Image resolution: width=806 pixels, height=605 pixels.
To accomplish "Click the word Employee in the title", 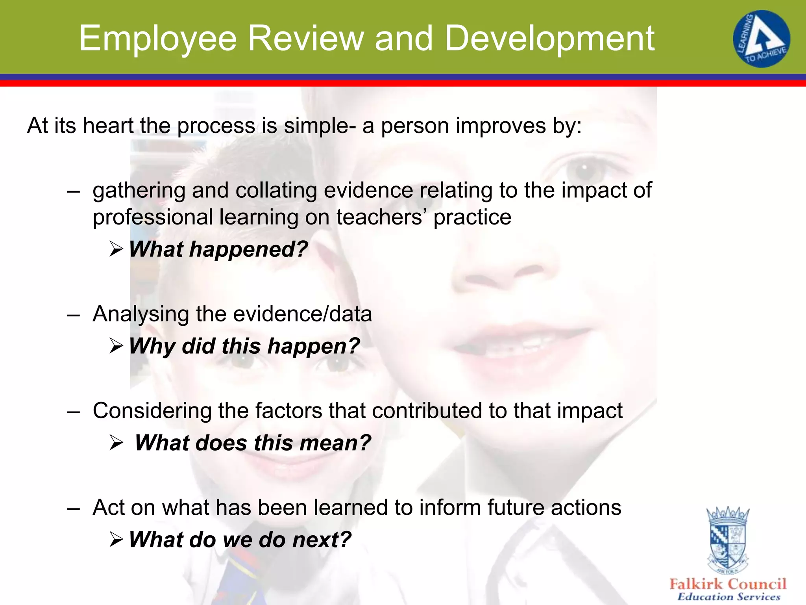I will click(157, 39).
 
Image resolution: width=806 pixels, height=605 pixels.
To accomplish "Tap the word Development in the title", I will click(549, 39).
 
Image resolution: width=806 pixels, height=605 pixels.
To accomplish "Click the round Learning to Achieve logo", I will click(761, 39).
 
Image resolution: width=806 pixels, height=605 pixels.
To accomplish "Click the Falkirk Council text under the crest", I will click(728, 584).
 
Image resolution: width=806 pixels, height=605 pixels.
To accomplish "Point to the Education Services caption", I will click(728, 597).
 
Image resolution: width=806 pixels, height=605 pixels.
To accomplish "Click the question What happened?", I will click(218, 249).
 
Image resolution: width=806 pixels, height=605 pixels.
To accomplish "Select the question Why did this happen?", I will click(244, 346).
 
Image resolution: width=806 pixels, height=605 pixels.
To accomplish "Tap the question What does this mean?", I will click(253, 443).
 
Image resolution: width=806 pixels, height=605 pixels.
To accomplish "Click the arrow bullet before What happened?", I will click(116, 249).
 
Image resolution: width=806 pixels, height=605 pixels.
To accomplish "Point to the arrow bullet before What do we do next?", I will click(116, 540).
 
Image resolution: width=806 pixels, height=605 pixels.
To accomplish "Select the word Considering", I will click(152, 411).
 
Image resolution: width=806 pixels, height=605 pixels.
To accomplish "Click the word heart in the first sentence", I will click(108, 126).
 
